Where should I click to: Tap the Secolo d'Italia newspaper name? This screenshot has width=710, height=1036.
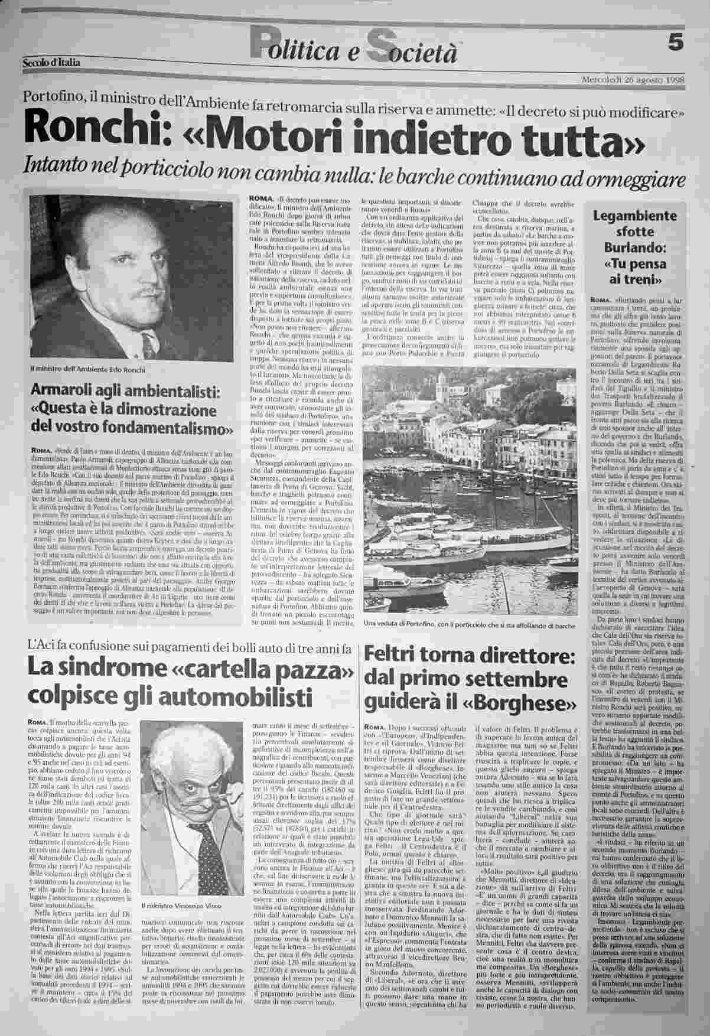coord(51,62)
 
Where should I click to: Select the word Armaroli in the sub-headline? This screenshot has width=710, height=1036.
coord(67,392)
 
